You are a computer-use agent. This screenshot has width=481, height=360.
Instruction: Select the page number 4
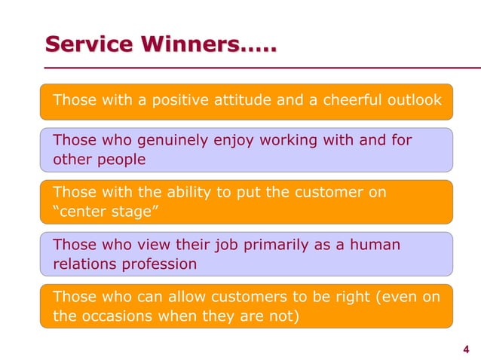[x=465, y=348]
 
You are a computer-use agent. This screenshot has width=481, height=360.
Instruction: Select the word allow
[x=169, y=297]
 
